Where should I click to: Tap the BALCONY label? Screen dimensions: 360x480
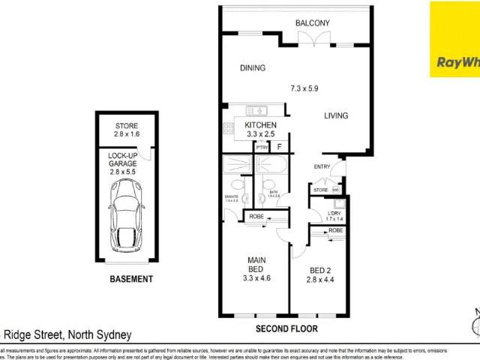[313, 23]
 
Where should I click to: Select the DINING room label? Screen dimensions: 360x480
[253, 68]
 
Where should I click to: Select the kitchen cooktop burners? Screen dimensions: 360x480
[225, 129]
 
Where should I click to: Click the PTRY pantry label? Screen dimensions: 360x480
[262, 148]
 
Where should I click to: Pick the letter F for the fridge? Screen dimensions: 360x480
[280, 147]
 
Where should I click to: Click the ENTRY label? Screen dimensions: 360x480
[322, 167]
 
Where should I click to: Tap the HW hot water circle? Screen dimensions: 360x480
[335, 190]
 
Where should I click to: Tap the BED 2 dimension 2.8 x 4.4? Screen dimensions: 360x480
[315, 280]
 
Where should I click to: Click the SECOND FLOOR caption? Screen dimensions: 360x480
[288, 328]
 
